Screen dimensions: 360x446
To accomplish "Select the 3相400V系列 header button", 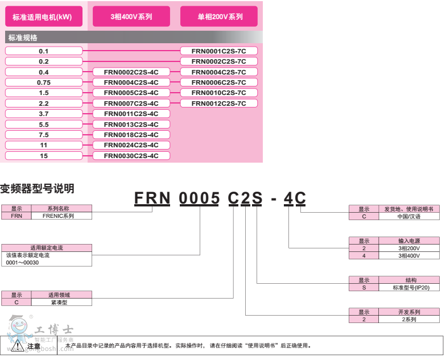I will coord(131,16).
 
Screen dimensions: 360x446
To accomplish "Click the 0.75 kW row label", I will coord(44,82).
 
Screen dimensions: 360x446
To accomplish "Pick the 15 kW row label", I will coord(44,156).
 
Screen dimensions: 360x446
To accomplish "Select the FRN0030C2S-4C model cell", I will coord(131,156).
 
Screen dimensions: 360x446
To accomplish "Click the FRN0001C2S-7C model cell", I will coord(219,51).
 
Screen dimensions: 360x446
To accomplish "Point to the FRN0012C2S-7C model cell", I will coord(219,104).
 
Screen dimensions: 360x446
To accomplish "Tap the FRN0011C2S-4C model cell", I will coord(131,114).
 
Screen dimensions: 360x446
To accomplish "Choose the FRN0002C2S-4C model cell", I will coord(131,72).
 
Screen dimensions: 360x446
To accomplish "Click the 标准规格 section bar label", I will coord(23,38).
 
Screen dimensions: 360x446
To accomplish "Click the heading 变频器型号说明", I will coord(37,188).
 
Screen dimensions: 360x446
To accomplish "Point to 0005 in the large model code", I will coord(200,198).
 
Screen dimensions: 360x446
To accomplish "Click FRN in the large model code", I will coord(152,198).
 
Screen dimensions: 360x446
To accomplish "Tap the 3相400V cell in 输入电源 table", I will coord(408,255).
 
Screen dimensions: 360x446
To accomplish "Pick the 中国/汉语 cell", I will coord(409,217).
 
